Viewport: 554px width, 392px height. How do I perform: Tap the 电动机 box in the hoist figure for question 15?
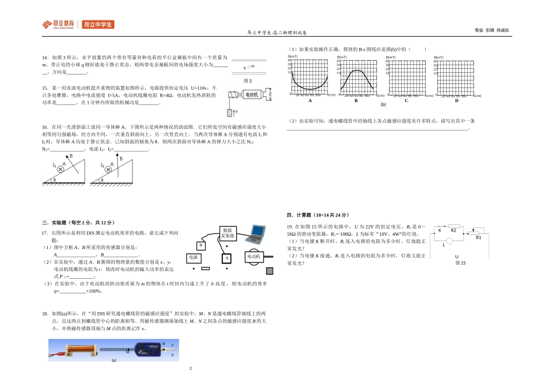[252, 94]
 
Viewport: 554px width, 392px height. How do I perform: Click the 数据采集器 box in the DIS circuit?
[228, 233]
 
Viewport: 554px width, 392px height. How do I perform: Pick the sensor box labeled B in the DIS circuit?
[200, 246]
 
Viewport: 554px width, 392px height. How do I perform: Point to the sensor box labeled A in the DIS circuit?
[226, 258]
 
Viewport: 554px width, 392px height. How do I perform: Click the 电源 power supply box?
[194, 257]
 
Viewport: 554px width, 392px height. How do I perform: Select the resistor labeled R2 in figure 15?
[454, 230]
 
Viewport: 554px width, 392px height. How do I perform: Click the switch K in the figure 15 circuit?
[440, 231]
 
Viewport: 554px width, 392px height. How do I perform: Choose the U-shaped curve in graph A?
[309, 79]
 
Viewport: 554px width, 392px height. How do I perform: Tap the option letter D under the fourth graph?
[457, 101]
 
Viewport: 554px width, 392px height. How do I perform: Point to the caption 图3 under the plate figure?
[247, 80]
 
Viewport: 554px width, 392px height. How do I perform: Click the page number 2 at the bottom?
[190, 369]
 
